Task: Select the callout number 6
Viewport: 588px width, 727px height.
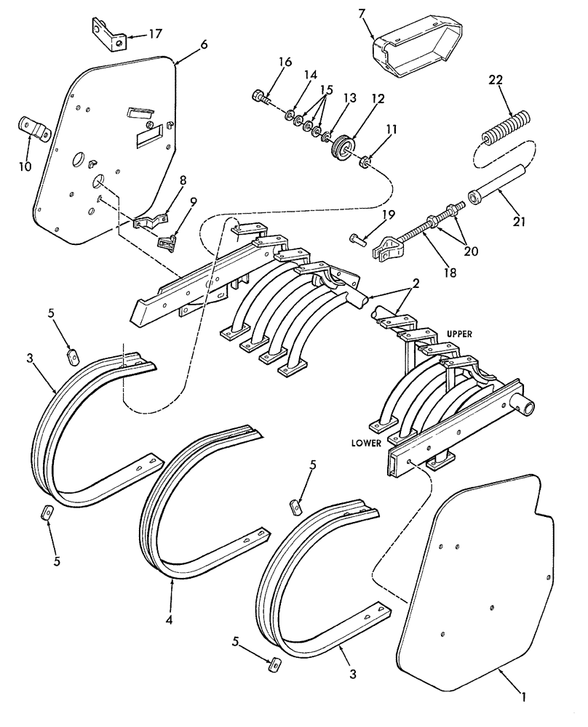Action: pos(203,44)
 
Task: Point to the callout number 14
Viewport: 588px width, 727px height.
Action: pos(310,75)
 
